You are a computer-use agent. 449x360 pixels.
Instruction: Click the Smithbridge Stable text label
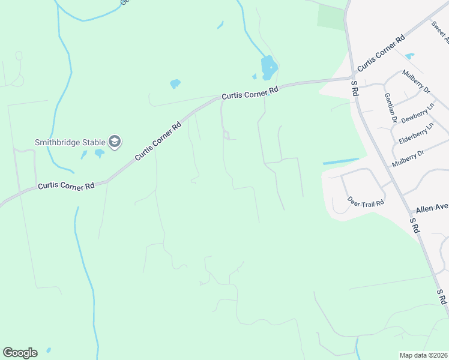(x=69, y=142)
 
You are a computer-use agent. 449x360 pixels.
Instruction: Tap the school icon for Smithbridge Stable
(x=115, y=142)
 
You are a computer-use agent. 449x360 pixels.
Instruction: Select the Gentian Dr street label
(x=390, y=108)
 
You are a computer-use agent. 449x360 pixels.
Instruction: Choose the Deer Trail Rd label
(x=365, y=202)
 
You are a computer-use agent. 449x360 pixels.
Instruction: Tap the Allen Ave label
(x=432, y=208)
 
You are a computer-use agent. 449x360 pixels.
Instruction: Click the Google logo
(x=20, y=353)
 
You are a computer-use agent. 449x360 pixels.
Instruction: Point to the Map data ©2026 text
(x=423, y=355)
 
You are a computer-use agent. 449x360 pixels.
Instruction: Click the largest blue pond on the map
(x=268, y=67)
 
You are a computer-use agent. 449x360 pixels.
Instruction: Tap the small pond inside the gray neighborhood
(x=409, y=56)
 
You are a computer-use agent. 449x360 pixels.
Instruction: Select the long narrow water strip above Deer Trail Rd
(x=340, y=161)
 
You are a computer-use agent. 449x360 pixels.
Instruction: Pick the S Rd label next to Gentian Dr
(x=355, y=88)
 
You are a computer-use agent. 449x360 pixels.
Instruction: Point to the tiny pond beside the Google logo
(x=48, y=350)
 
